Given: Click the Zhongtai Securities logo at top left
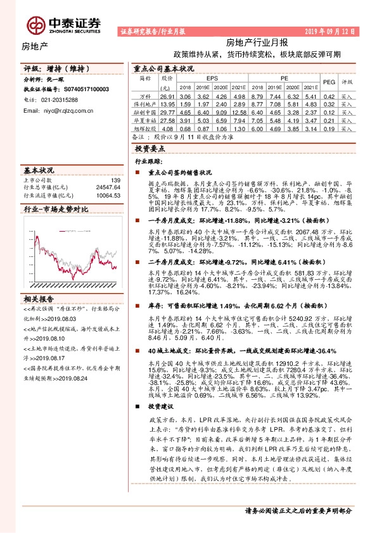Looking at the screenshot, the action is (x=64, y=24).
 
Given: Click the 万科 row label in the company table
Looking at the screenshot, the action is (x=145, y=96).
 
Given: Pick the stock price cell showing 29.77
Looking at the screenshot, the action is (x=167, y=111).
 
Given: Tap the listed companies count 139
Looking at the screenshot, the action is (x=115, y=180).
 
